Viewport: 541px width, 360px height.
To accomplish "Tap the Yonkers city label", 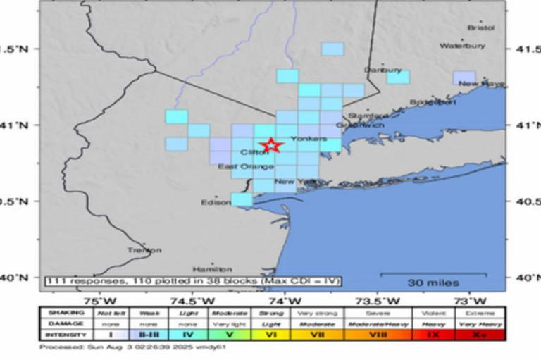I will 309,139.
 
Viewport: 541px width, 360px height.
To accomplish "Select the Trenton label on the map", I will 144,250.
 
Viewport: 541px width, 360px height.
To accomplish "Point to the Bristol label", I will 481,28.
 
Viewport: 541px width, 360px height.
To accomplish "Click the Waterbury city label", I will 463,46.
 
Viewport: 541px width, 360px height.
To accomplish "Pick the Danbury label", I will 383,70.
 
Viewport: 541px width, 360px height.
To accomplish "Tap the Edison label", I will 216,202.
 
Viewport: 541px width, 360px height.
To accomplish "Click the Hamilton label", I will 212,269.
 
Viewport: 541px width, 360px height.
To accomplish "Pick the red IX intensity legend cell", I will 433,335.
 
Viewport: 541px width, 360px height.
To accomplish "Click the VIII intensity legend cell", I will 379,335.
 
